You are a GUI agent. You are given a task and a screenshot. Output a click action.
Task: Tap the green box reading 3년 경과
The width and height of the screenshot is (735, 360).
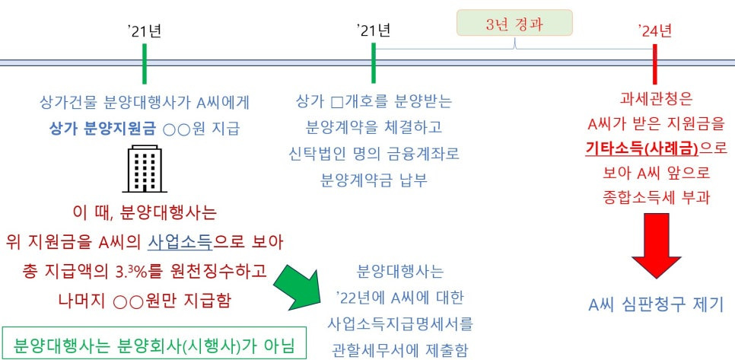(x=514, y=23)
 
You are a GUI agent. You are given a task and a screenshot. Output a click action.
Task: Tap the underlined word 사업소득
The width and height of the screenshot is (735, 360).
(x=180, y=244)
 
